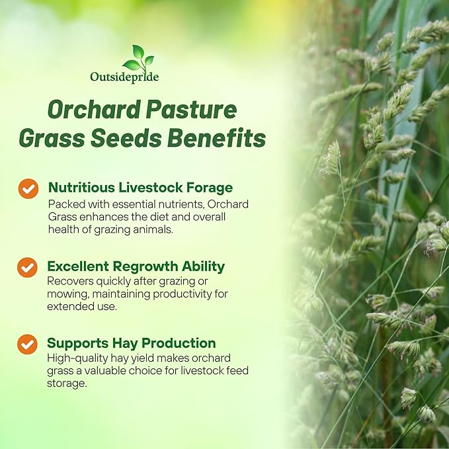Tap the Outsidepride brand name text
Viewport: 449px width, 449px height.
click(124, 77)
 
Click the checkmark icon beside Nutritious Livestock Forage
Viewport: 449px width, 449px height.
click(28, 188)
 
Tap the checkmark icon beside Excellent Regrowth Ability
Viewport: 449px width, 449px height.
click(27, 267)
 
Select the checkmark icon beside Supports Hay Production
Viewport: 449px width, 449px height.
click(27, 344)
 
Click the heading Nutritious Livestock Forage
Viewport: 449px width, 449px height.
click(140, 188)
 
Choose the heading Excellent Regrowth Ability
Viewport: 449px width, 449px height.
click(136, 266)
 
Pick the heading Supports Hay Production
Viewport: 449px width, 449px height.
click(131, 343)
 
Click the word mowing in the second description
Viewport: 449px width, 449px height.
click(67, 294)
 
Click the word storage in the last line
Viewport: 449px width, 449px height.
click(67, 383)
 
